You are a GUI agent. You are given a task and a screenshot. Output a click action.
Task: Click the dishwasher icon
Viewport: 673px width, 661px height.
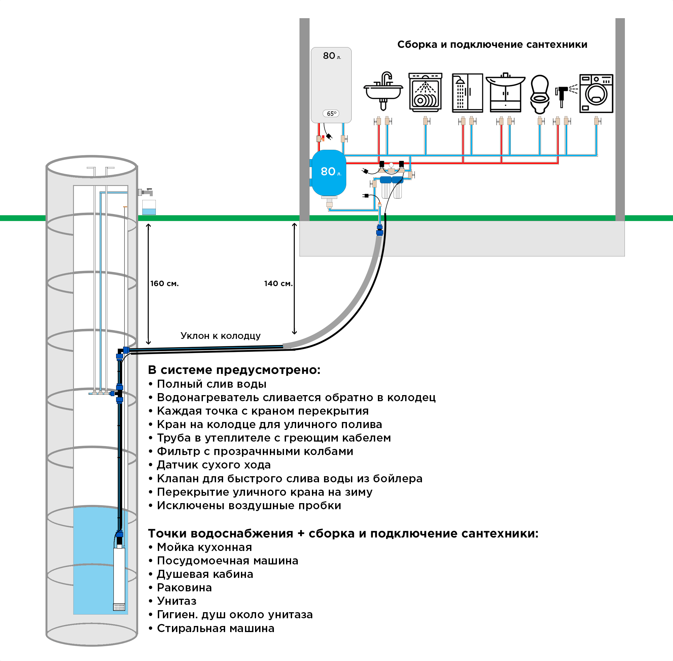425,92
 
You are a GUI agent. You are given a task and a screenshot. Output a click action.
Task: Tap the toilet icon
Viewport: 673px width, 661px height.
540,94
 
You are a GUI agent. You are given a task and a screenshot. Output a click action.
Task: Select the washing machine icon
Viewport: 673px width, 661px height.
596,93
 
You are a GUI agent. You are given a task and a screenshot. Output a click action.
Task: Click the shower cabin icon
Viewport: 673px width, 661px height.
467,93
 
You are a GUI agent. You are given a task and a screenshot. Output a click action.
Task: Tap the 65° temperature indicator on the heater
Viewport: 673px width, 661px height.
331,113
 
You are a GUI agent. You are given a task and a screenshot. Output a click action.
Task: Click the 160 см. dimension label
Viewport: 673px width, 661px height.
165,283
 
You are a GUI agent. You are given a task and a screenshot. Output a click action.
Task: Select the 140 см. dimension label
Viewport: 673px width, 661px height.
278,283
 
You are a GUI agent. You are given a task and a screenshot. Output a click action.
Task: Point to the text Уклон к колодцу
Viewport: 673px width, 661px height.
220,336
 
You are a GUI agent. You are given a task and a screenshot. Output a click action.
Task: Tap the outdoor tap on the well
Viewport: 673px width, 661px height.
145,192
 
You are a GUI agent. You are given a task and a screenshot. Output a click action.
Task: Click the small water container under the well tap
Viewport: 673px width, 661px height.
149,207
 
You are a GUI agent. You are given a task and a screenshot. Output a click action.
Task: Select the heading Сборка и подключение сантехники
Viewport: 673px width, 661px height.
492,44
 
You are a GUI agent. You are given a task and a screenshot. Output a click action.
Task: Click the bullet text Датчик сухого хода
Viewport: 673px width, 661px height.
213,464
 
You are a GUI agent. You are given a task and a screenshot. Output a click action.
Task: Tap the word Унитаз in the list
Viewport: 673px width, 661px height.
176,601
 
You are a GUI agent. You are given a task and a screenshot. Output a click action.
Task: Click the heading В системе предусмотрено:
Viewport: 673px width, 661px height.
234,370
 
